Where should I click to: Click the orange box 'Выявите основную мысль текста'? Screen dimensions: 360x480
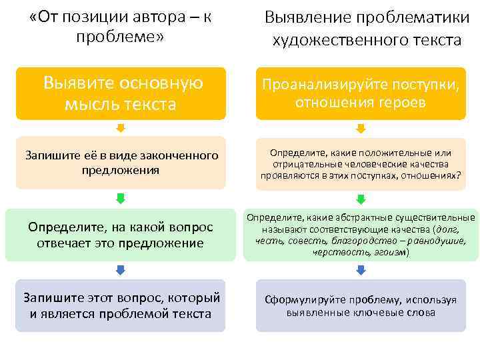click(121, 93)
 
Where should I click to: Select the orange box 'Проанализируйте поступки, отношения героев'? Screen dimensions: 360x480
click(361, 93)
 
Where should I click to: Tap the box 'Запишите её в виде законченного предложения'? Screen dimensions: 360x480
click(121, 163)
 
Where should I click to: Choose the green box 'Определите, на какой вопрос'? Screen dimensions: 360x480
click(121, 235)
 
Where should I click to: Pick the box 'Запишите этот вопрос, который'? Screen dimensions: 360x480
click(121, 305)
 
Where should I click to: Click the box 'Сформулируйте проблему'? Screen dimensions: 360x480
click(361, 305)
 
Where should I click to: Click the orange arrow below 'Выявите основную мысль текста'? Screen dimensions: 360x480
click(121, 128)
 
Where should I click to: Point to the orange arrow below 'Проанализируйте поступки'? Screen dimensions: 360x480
click(361, 128)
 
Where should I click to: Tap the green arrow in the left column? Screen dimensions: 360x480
click(121, 199)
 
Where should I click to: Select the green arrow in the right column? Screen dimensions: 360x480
click(361, 199)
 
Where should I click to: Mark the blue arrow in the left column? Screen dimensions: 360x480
click(121, 270)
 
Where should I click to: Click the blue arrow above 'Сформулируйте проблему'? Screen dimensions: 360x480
click(361, 270)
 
